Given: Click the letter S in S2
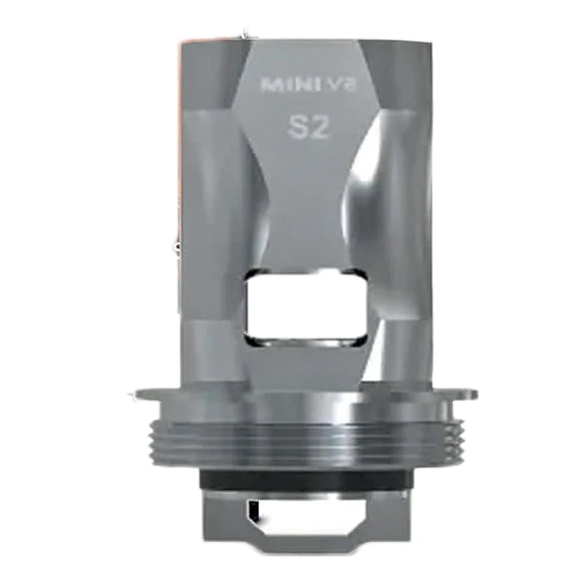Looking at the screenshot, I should tap(296, 128).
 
